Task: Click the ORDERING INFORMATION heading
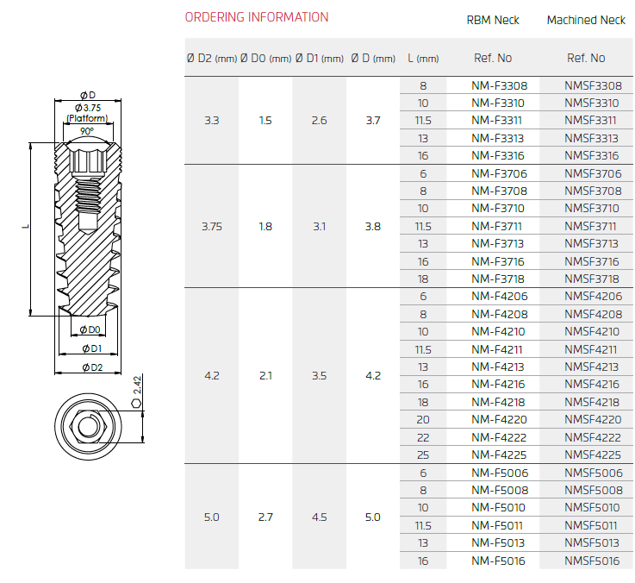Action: pyautogui.click(x=257, y=17)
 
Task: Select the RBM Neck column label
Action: pyautogui.click(x=493, y=20)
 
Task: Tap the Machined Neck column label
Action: pyautogui.click(x=586, y=20)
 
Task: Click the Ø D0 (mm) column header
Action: pyautogui.click(x=265, y=59)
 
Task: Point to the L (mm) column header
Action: pyautogui.click(x=423, y=59)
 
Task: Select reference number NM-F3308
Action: pyautogui.click(x=500, y=86)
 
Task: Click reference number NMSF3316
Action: pyautogui.click(x=592, y=156)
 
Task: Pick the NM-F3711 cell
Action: pyautogui.click(x=496, y=226)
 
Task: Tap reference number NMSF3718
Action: pyautogui.click(x=592, y=279)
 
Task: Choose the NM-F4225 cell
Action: pyautogui.click(x=499, y=454)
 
